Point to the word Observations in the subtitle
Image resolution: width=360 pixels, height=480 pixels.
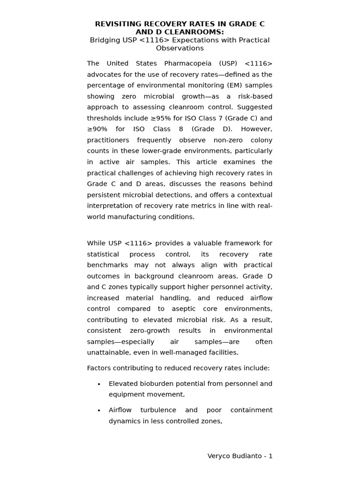pyautogui.click(x=180, y=48)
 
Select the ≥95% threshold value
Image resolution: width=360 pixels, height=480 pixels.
pyautogui.click(x=155, y=118)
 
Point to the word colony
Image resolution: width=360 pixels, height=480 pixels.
pyautogui.click(x=260, y=140)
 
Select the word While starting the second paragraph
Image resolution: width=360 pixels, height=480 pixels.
pyautogui.click(x=96, y=243)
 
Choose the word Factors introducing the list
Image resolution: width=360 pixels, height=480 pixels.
pyautogui.click(x=99, y=368)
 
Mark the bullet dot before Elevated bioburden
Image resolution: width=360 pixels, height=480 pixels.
pyautogui.click(x=99, y=384)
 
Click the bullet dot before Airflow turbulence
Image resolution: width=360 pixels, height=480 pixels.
pyautogui.click(x=99, y=411)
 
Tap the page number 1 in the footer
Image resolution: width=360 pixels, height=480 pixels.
pyautogui.click(x=270, y=456)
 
